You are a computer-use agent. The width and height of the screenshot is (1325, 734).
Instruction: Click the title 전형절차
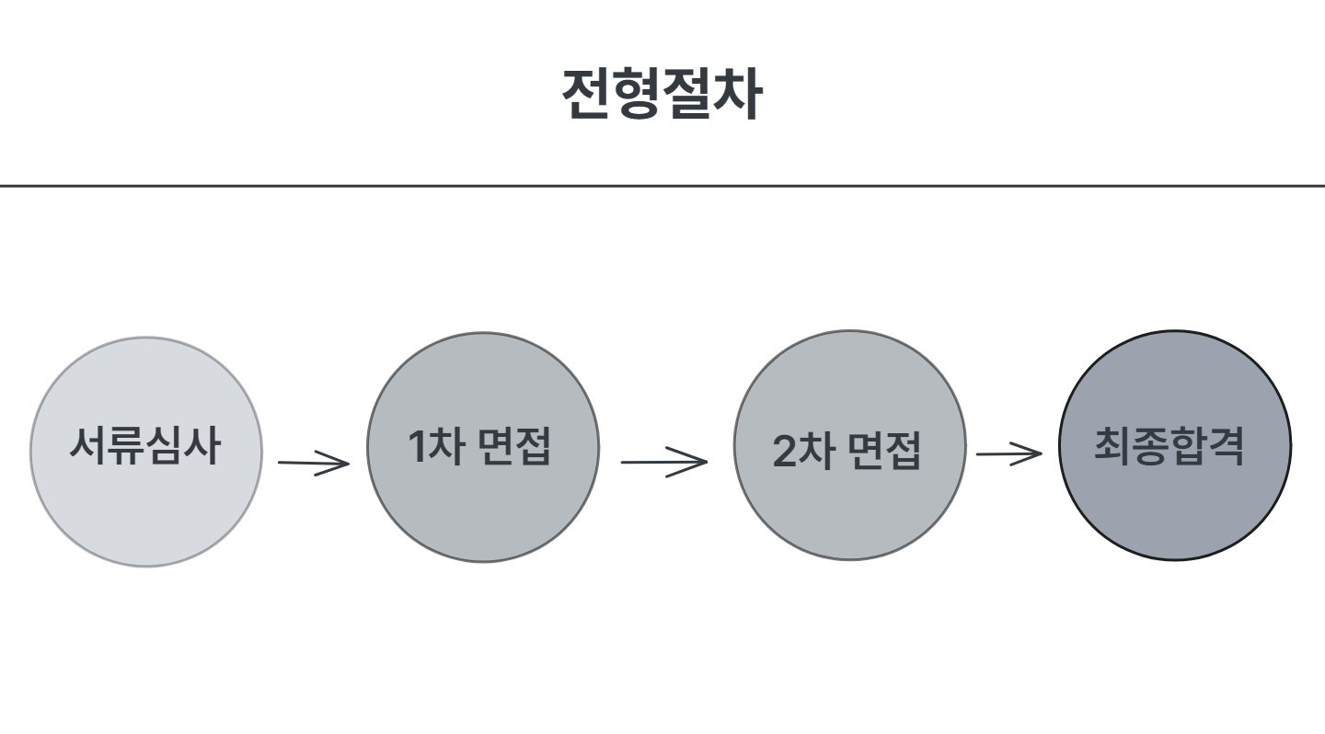(662, 95)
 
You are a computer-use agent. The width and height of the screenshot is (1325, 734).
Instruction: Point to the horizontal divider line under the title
(662, 186)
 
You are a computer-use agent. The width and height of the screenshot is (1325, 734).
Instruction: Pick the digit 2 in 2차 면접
(783, 451)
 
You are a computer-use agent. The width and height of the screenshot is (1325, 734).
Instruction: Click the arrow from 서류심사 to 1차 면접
(314, 463)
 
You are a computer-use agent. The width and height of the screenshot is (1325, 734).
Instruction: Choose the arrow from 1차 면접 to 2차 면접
(663, 461)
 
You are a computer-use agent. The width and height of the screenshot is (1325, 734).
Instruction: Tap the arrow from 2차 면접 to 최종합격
(1008, 453)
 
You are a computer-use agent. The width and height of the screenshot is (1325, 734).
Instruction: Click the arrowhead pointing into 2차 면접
(696, 461)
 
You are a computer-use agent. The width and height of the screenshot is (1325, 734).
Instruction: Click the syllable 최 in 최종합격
(1112, 445)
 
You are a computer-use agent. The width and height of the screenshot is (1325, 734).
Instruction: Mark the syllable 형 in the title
(637, 95)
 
